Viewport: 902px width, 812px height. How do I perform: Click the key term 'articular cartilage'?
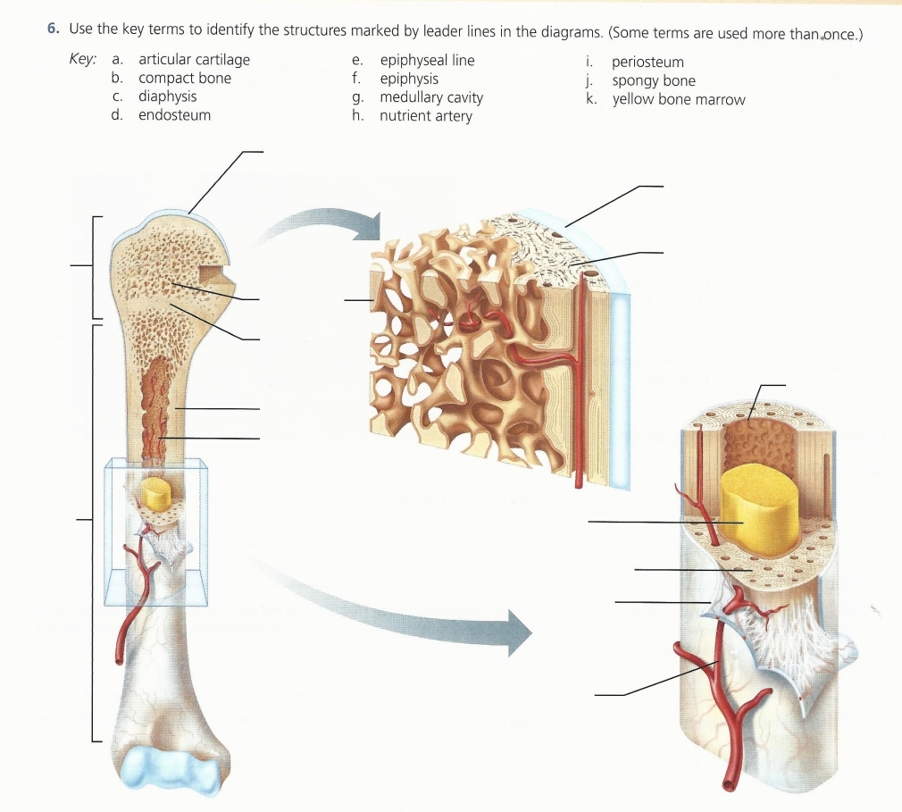(194, 60)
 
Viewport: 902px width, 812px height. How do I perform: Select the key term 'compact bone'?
(184, 78)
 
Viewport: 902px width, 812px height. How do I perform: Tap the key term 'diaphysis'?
(167, 96)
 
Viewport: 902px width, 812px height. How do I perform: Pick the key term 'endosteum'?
(174, 114)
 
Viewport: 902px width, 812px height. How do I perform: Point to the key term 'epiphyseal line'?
(427, 60)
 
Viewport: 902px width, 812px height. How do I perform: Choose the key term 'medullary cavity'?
(430, 97)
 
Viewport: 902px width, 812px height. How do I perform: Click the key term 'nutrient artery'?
(425, 116)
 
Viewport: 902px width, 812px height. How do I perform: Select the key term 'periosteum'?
(647, 62)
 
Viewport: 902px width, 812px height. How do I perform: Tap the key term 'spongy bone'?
(653, 80)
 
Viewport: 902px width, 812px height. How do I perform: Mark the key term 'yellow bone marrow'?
(678, 99)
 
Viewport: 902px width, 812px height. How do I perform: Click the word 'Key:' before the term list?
(82, 60)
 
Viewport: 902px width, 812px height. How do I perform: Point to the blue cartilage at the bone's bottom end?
(169, 770)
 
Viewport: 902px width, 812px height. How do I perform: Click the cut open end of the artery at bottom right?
(731, 784)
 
